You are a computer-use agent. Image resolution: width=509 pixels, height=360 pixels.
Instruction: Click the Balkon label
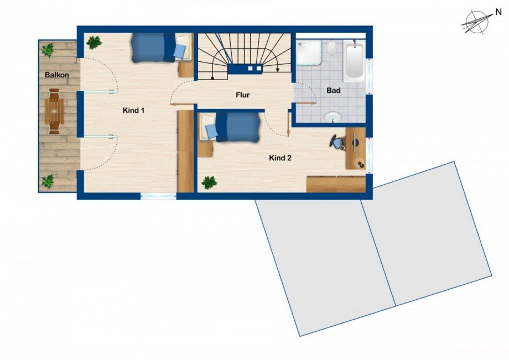pyautogui.click(x=57, y=75)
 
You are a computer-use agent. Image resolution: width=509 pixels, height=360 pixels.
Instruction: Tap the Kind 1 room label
pyautogui.click(x=133, y=110)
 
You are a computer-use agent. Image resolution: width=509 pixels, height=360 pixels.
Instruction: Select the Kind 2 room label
pyautogui.click(x=280, y=158)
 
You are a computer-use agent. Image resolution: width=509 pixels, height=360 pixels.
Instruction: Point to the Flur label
pyautogui.click(x=242, y=95)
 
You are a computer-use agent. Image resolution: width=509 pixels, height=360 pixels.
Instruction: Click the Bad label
pyautogui.click(x=334, y=91)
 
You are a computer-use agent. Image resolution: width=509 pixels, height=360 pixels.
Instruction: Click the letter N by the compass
pyautogui.click(x=498, y=12)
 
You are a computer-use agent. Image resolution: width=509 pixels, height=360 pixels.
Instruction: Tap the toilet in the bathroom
pyautogui.click(x=331, y=48)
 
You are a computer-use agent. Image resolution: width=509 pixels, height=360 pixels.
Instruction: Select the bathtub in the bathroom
pyautogui.click(x=354, y=61)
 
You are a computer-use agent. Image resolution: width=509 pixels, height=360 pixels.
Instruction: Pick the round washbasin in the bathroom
pyautogui.click(x=333, y=117)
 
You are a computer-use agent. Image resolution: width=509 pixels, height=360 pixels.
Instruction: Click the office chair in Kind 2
pyautogui.click(x=337, y=143)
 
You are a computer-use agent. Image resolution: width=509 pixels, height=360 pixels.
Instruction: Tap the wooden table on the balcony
pyautogui.click(x=54, y=111)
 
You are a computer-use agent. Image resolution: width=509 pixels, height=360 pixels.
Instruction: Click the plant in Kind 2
pyautogui.click(x=209, y=182)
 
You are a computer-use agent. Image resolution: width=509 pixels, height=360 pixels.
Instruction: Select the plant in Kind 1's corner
pyautogui.click(x=94, y=43)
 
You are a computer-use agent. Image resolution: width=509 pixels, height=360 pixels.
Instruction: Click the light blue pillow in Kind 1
pyautogui.click(x=179, y=52)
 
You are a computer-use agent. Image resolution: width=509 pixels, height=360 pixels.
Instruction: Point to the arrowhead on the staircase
pyautogui.click(x=278, y=70)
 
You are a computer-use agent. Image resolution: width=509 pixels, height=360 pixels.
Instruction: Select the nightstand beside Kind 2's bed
pyautogui.click(x=205, y=149)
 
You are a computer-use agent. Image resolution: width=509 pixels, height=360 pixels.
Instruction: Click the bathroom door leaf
pyautogui.click(x=304, y=103)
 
